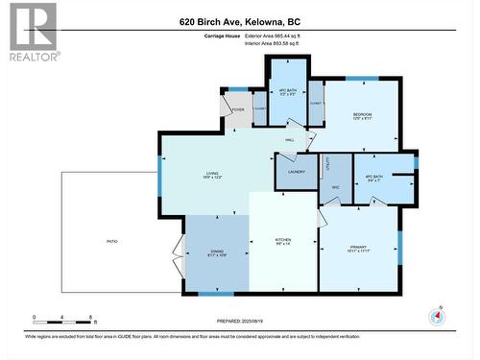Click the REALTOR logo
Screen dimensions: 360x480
coord(31,32)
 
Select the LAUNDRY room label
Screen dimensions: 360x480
coord(296,173)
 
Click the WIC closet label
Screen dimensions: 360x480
coord(336,187)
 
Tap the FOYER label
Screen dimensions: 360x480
coord(237,109)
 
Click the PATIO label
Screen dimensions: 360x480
coord(112,241)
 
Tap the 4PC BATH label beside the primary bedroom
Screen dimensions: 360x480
coord(374,180)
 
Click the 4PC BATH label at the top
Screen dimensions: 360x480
coord(286,93)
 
